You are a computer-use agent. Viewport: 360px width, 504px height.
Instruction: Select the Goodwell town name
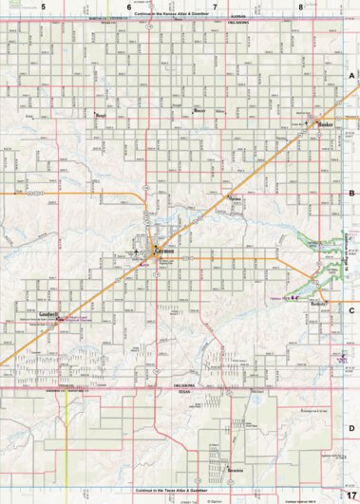click(x=49, y=313)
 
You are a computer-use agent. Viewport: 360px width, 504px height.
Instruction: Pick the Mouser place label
click(x=199, y=110)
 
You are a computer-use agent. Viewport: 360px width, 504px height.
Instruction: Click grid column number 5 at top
click(x=43, y=7)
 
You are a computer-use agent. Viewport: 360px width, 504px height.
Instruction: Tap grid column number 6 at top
click(x=129, y=7)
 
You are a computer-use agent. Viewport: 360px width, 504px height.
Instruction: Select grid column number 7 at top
click(x=215, y=7)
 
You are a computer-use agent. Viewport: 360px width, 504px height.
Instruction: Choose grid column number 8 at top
click(x=300, y=7)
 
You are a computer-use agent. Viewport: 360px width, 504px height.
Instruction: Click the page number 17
click(x=351, y=495)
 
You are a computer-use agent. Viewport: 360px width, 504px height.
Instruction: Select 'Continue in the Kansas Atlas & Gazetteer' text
click(x=180, y=15)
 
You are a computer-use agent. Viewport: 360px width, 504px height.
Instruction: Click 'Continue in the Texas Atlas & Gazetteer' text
click(x=180, y=490)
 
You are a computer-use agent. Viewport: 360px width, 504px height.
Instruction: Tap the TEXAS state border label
click(x=186, y=391)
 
